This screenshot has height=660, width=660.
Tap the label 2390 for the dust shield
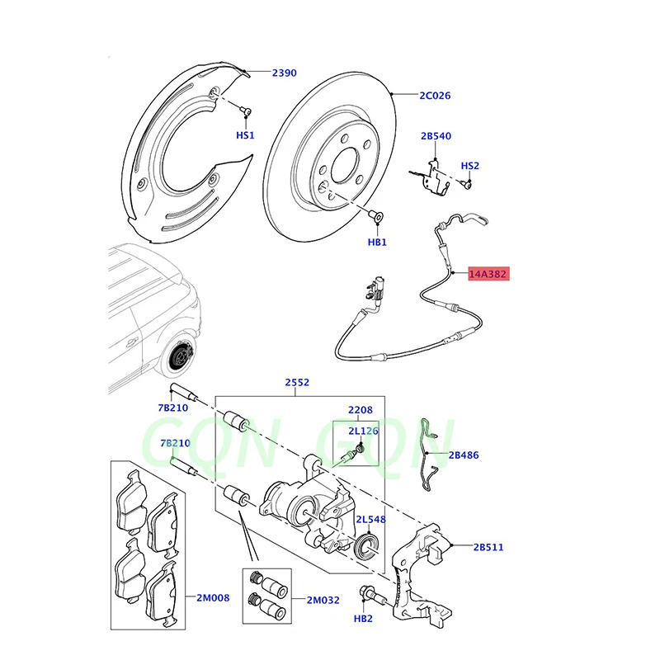tap(284, 73)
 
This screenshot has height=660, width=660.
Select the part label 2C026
tap(435, 96)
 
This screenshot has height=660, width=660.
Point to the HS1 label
tap(246, 134)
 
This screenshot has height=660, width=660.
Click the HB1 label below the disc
tap(377, 243)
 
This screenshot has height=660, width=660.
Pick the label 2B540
tap(436, 136)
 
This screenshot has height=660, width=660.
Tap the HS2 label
tap(469, 166)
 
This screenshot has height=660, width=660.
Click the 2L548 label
tap(371, 520)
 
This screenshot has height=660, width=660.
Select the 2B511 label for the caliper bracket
tap(488, 547)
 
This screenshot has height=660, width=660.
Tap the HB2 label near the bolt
tap(364, 619)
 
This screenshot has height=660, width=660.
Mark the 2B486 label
tap(464, 455)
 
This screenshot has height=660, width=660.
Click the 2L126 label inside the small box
tap(362, 431)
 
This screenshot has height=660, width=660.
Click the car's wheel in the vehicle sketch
tap(179, 359)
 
